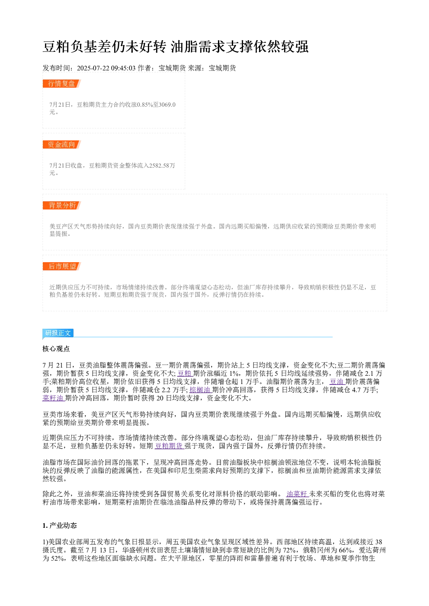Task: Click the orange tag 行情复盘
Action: point(62,84)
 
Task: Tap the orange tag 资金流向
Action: point(62,144)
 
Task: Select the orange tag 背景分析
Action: point(62,205)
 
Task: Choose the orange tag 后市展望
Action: point(62,266)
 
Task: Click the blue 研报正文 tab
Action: point(58,333)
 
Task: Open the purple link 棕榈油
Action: point(200,390)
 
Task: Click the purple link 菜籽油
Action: point(53,398)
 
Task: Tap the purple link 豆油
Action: point(336,382)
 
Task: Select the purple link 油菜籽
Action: point(297,494)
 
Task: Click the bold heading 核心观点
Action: point(56,349)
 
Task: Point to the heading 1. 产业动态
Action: point(60,526)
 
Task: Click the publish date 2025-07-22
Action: point(93,68)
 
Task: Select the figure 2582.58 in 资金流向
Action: point(159,165)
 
